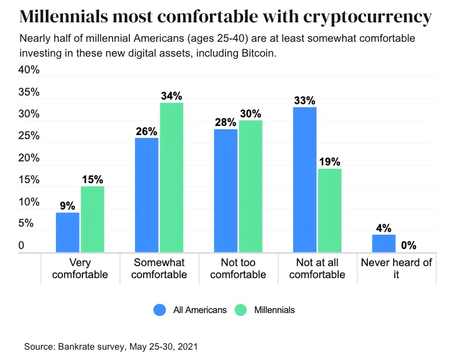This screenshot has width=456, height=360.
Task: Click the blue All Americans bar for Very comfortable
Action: pos(68,232)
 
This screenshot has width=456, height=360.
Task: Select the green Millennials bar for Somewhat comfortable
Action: pos(171,177)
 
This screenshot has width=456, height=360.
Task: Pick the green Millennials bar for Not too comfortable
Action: pos(250,186)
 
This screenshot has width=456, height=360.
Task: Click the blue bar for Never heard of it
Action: pos(383,243)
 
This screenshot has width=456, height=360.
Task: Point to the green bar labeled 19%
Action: pos(329,210)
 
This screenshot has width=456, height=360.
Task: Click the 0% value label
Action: pos(408,246)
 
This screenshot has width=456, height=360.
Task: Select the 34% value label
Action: pos(171,96)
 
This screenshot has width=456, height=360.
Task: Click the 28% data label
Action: pos(225,122)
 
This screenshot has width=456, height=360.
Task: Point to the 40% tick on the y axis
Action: pos(29,70)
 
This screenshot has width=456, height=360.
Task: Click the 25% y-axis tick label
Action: pos(29,136)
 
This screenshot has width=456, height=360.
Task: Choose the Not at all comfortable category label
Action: pos(317,268)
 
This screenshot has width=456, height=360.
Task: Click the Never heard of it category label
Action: pos(396,268)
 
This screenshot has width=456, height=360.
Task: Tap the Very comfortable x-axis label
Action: pos(80,268)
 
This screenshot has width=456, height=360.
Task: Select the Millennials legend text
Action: pos(274,310)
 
